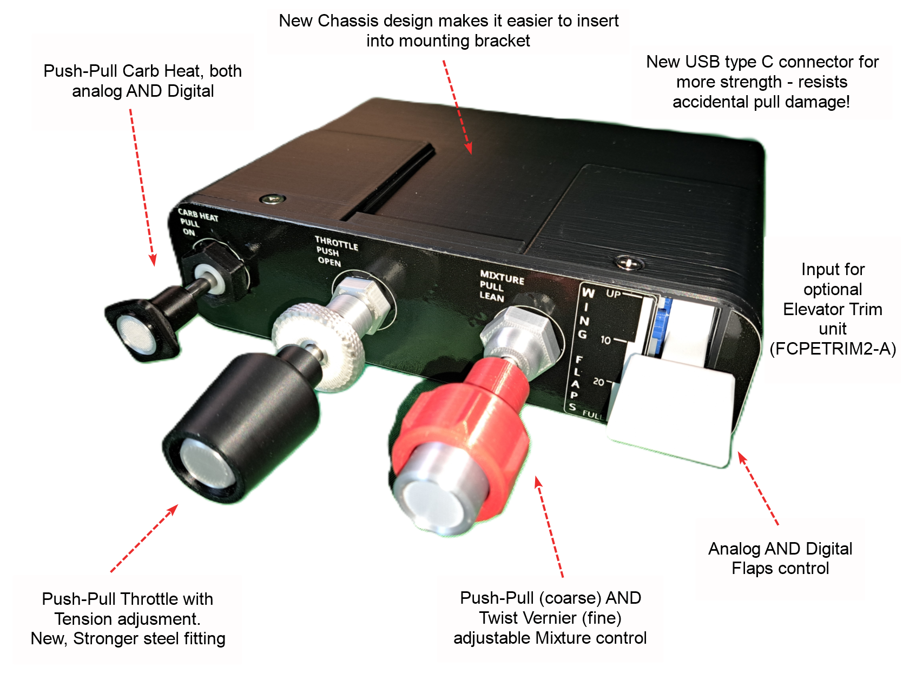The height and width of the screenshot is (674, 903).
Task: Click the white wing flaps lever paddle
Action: [x=671, y=411]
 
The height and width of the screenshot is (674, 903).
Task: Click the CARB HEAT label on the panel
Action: [x=198, y=216]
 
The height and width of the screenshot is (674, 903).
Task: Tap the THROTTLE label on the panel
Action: [x=336, y=243]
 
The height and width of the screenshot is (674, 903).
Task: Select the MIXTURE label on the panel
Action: [x=502, y=278]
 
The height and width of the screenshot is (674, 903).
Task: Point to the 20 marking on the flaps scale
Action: [x=598, y=382]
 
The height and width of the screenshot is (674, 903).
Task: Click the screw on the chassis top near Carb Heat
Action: [x=272, y=199]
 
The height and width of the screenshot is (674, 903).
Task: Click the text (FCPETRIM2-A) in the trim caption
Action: [x=832, y=349]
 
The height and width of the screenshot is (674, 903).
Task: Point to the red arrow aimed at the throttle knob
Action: [x=143, y=538]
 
